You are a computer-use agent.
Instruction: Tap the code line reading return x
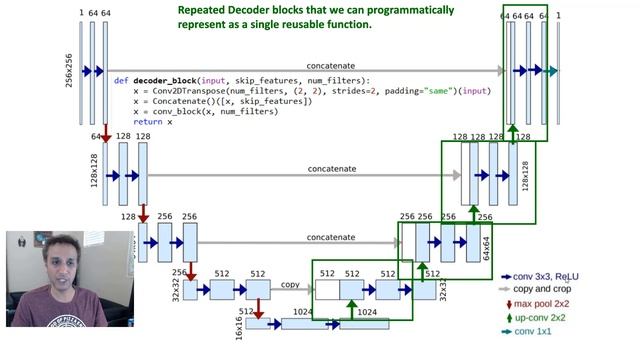point(151,121)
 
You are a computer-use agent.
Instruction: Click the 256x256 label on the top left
point(69,70)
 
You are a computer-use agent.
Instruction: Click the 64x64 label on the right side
point(486,243)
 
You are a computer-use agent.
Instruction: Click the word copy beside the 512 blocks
point(290,285)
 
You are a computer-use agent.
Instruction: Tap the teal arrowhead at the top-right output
point(552,71)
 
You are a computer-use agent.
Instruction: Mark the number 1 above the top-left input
point(80,13)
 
